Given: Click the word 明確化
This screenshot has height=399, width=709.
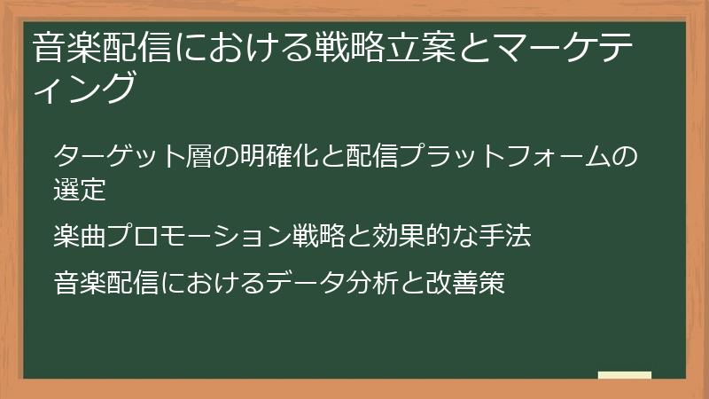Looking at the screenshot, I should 264,157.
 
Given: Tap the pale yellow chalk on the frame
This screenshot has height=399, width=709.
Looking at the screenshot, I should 624,375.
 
